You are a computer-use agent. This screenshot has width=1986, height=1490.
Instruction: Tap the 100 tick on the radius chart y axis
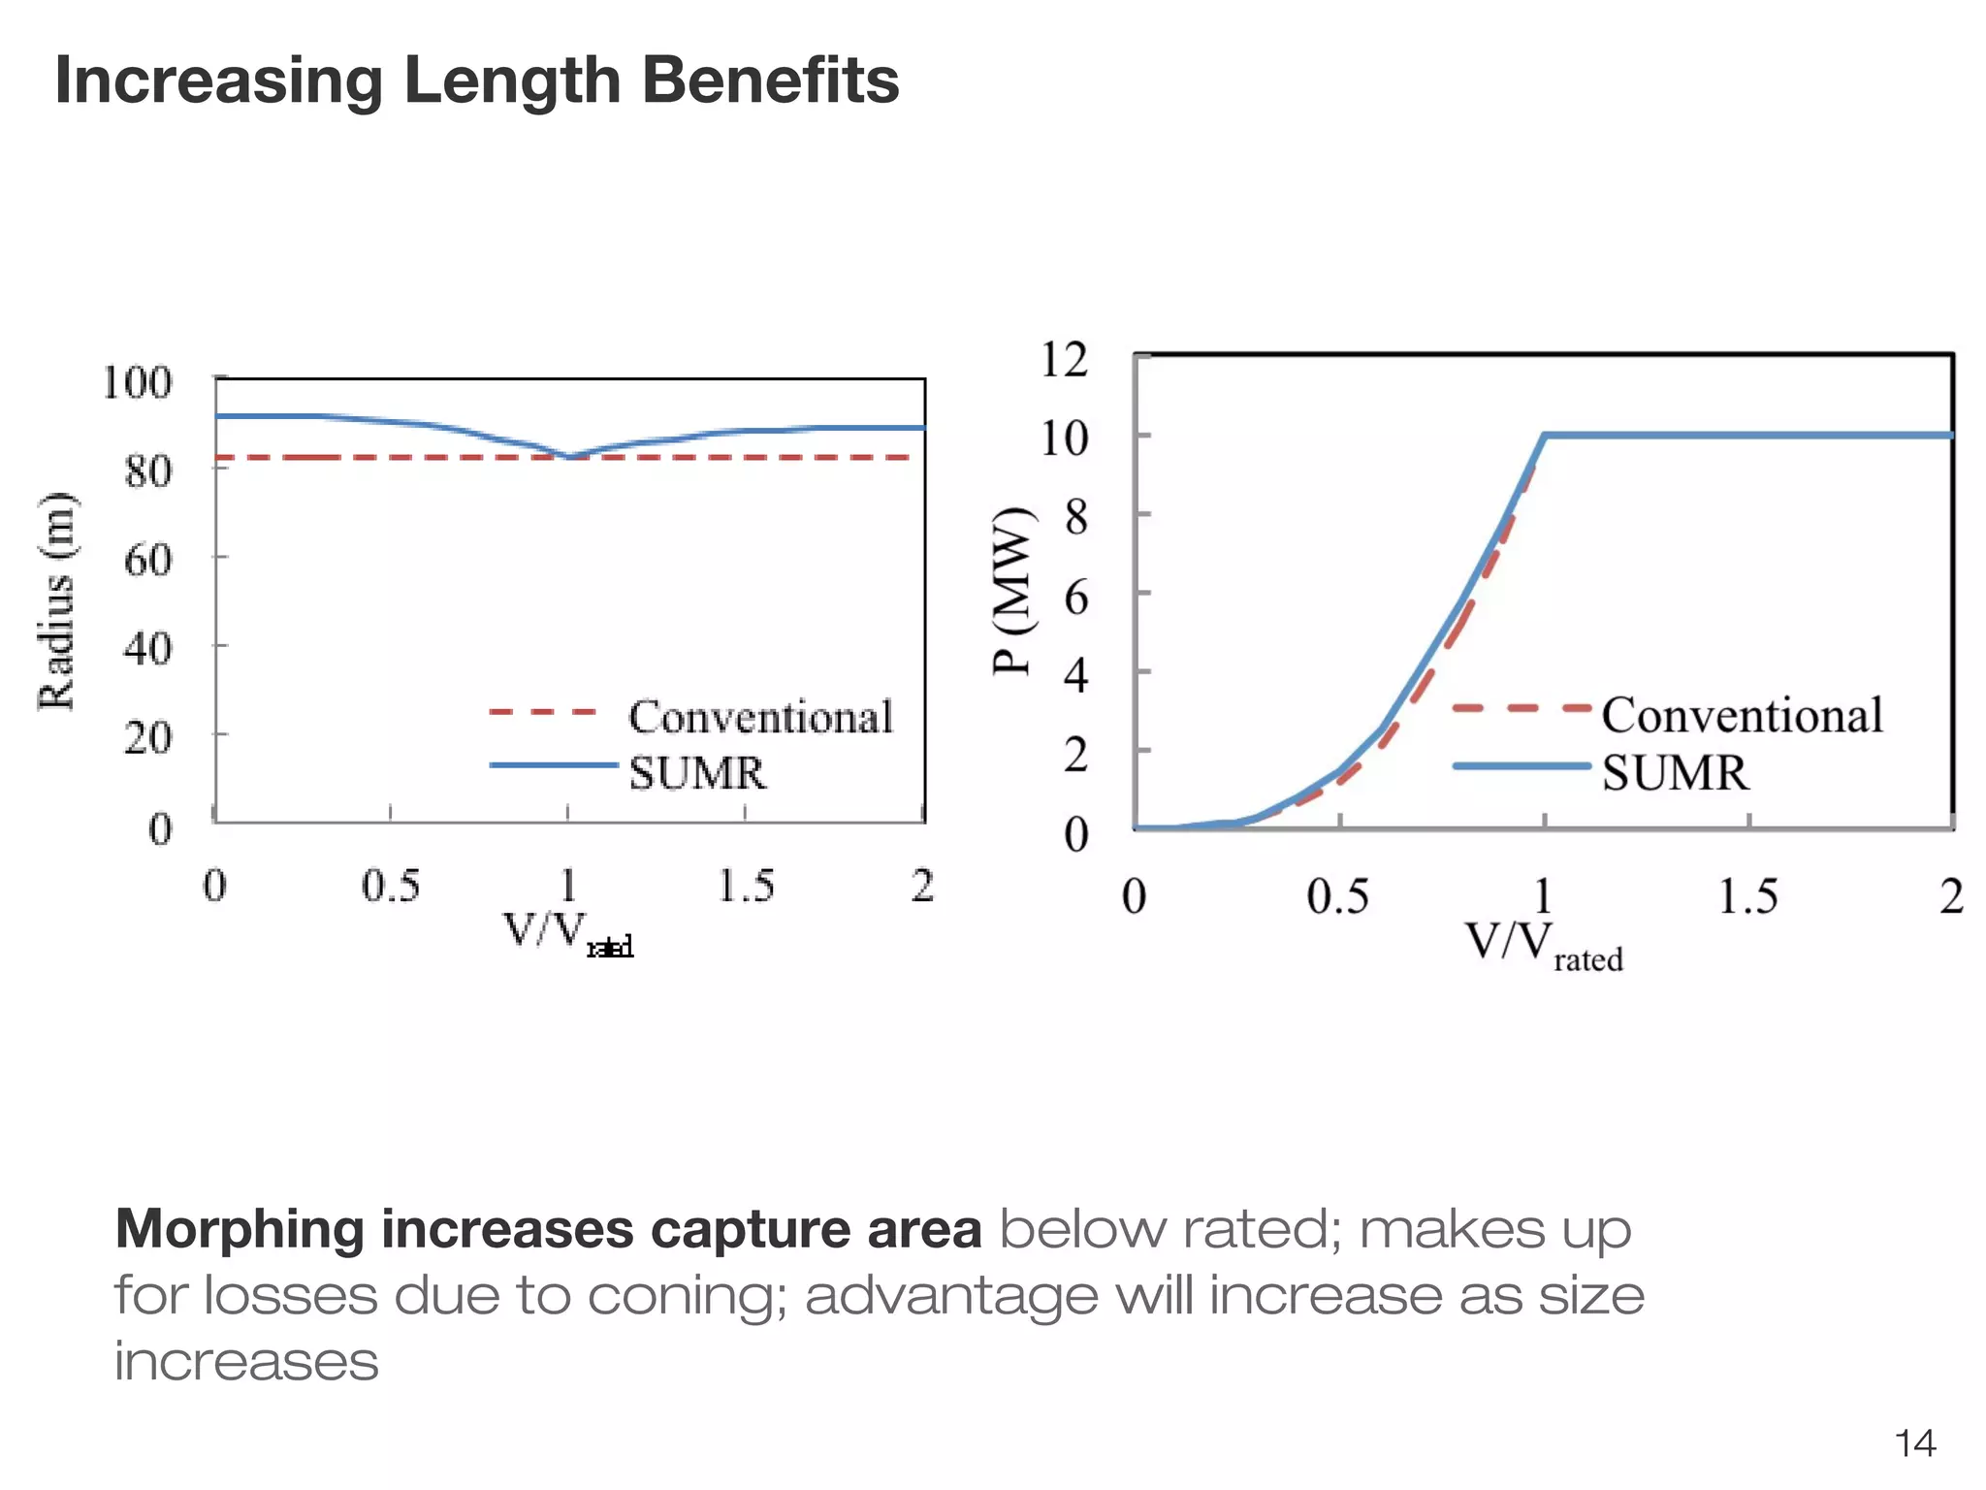click(137, 382)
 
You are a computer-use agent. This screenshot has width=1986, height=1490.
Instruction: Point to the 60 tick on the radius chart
click(147, 560)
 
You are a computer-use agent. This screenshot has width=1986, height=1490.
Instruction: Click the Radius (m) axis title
click(56, 601)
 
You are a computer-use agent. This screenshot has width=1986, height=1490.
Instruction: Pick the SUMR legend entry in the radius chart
click(696, 773)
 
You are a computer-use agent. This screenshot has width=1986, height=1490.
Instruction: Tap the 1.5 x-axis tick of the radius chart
click(745, 886)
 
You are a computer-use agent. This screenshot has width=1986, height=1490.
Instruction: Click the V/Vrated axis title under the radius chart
click(567, 933)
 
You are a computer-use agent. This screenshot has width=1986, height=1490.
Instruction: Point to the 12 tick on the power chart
click(1064, 360)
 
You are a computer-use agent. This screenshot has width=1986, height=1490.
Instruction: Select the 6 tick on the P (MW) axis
click(1075, 597)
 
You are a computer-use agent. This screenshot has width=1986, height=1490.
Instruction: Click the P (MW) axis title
click(1012, 590)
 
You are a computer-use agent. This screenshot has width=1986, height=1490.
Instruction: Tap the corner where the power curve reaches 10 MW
click(1544, 436)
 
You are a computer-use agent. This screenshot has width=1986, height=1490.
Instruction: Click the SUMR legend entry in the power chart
click(1675, 773)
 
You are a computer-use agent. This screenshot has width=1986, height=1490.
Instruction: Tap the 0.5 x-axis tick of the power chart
click(1337, 896)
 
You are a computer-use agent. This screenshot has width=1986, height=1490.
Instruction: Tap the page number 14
click(1914, 1443)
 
